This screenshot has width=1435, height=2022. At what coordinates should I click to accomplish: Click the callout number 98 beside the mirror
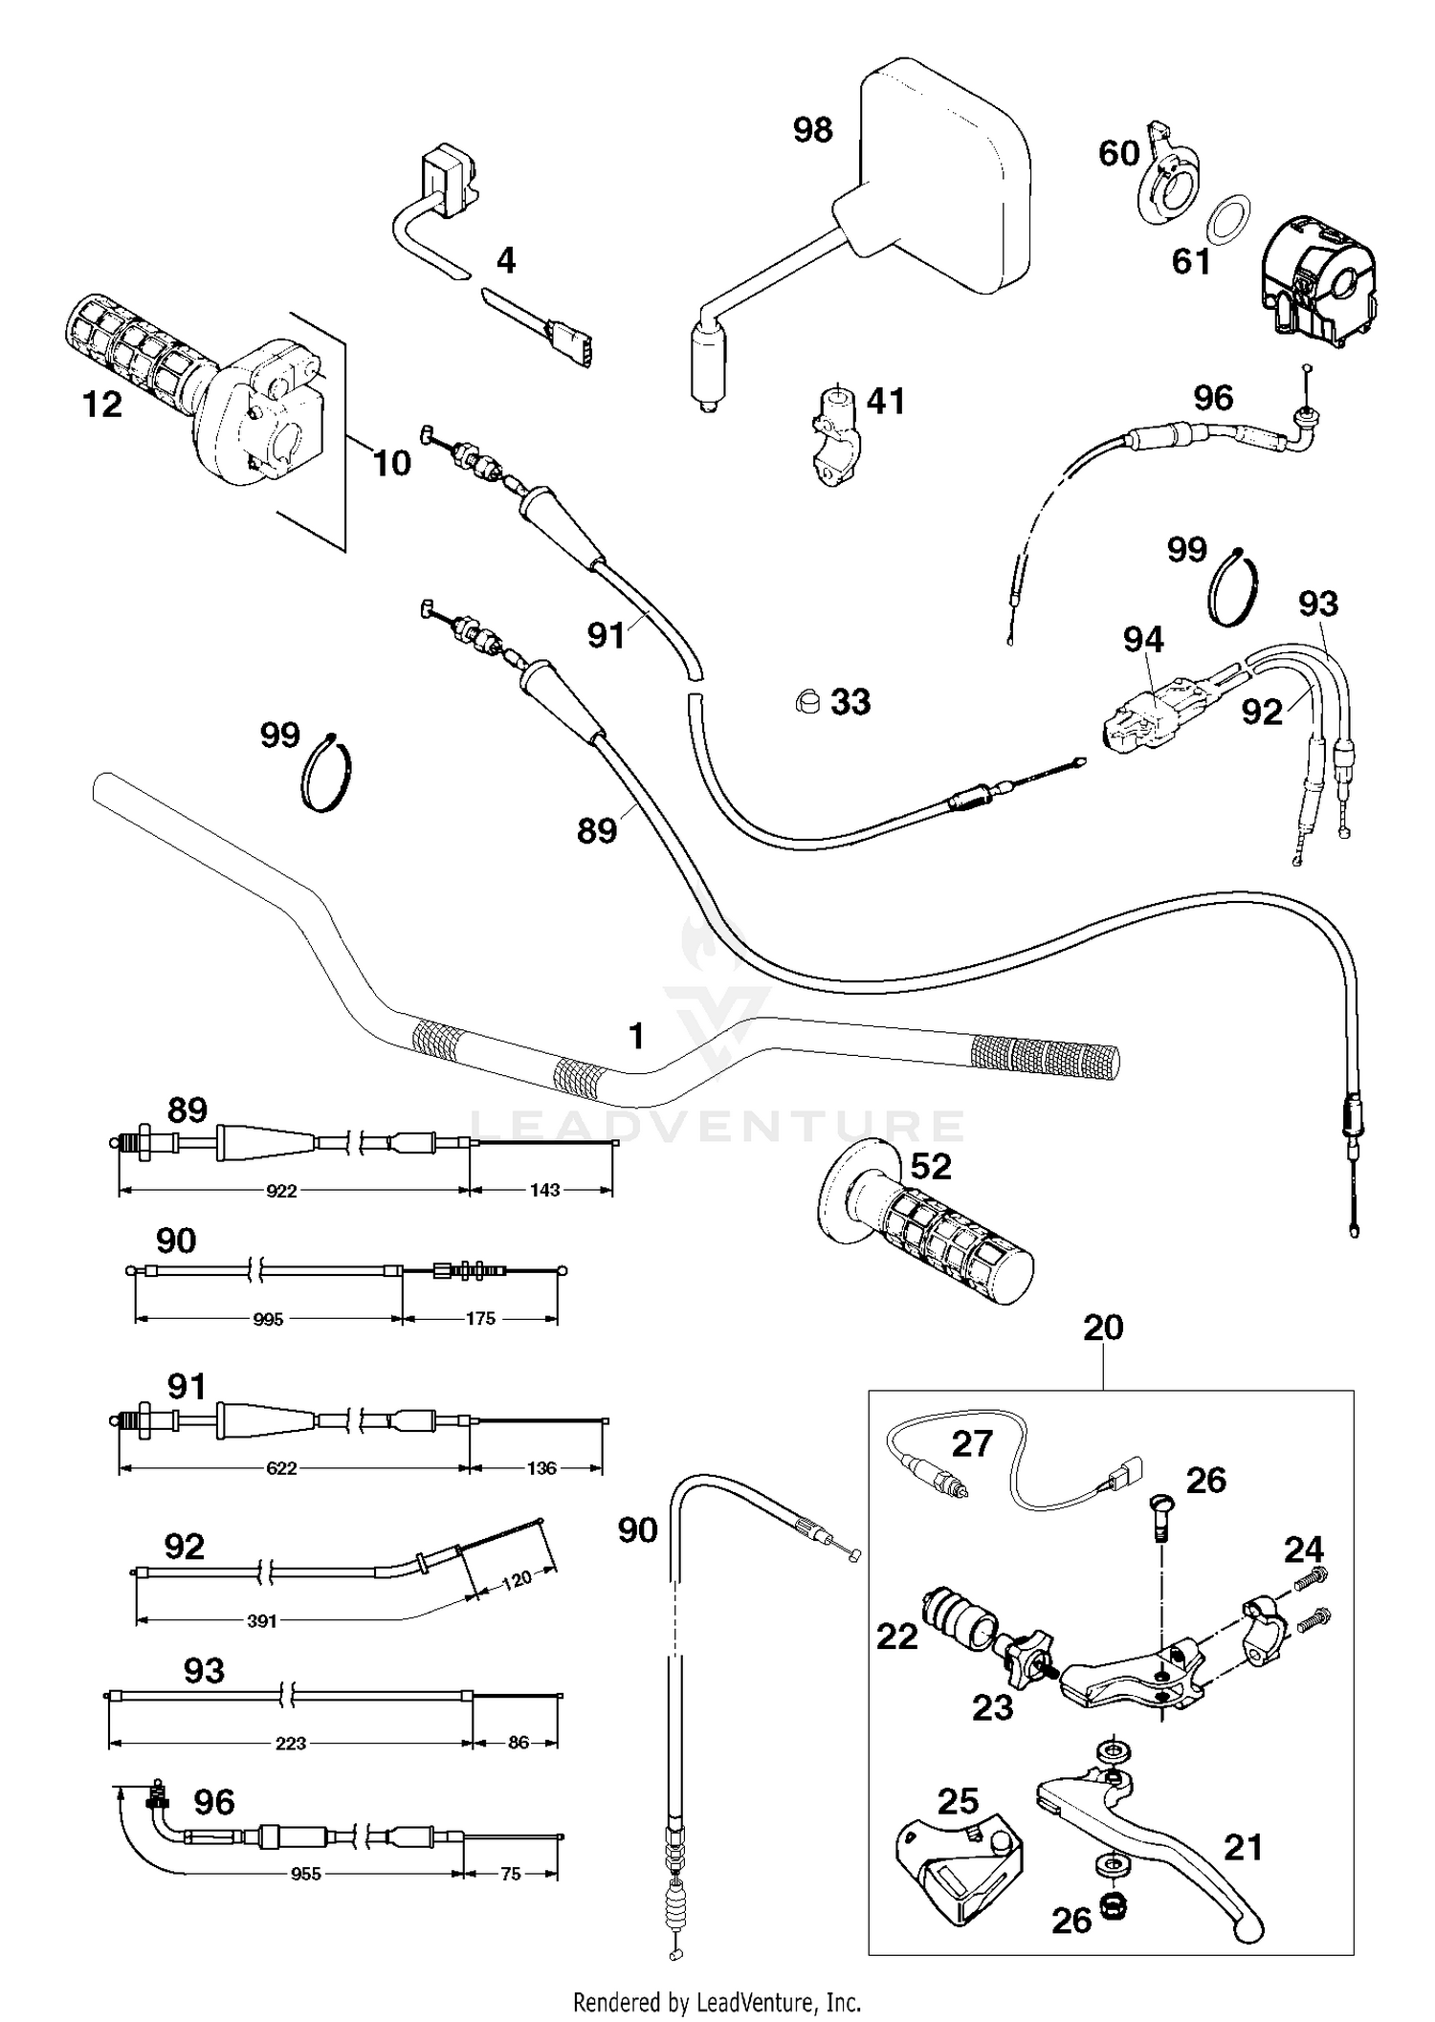click(x=812, y=130)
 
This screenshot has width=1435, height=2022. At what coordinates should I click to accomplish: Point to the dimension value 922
click(x=281, y=1191)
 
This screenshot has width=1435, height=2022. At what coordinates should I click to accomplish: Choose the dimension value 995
click(x=268, y=1320)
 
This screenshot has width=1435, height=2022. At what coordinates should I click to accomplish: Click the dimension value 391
click(x=261, y=1621)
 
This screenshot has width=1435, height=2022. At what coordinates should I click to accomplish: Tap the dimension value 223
click(x=290, y=1744)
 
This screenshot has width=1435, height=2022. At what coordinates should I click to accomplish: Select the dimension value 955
click(x=305, y=1875)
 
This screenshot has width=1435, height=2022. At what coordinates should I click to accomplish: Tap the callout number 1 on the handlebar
click(x=636, y=1036)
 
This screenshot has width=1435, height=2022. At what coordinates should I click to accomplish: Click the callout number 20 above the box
click(x=1103, y=1327)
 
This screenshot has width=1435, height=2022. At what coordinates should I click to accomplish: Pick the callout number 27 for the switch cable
click(x=972, y=1443)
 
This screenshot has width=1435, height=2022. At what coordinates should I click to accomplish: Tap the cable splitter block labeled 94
click(x=1153, y=713)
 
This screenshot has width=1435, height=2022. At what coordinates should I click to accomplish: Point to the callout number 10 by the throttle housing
click(x=391, y=464)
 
